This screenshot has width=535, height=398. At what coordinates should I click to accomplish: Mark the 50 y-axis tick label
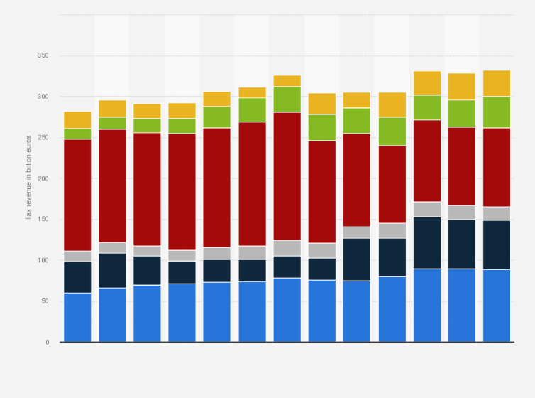click(x=45, y=301)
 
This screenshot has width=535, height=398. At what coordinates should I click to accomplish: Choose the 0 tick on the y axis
click(x=48, y=343)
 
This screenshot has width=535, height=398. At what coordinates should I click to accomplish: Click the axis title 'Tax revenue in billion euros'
click(x=29, y=178)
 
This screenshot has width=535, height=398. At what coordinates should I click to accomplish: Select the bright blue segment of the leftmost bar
click(x=77, y=318)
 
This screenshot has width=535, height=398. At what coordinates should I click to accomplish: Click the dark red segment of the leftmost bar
click(x=77, y=195)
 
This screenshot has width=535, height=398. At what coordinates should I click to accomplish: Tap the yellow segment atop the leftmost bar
click(x=77, y=120)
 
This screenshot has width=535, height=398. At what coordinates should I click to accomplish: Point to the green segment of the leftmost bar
click(x=77, y=134)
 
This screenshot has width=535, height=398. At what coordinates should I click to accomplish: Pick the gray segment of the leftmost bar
click(x=77, y=257)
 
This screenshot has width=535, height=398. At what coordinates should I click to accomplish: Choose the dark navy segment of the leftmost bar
click(x=77, y=277)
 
